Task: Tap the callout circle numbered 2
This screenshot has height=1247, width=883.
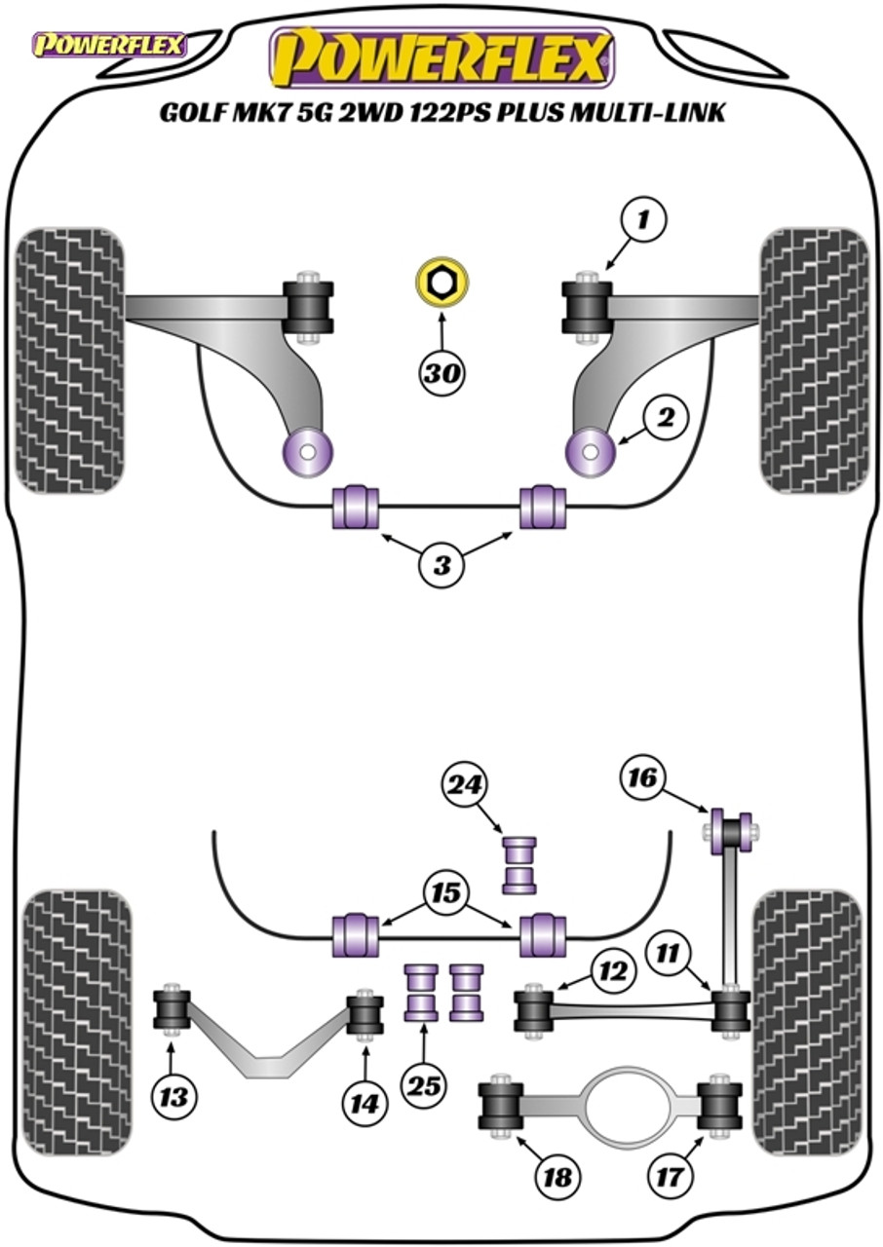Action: click(x=665, y=416)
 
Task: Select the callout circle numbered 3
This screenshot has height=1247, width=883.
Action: click(x=441, y=565)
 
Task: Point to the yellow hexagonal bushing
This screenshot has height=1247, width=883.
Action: click(x=442, y=283)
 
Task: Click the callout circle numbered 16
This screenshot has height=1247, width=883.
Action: click(x=642, y=777)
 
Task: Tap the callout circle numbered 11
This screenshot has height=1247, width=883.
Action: click(x=668, y=954)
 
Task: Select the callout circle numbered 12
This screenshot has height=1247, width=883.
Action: click(x=614, y=971)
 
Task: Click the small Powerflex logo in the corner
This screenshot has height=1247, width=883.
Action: click(x=109, y=46)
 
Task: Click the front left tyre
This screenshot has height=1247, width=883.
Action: click(x=70, y=360)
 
